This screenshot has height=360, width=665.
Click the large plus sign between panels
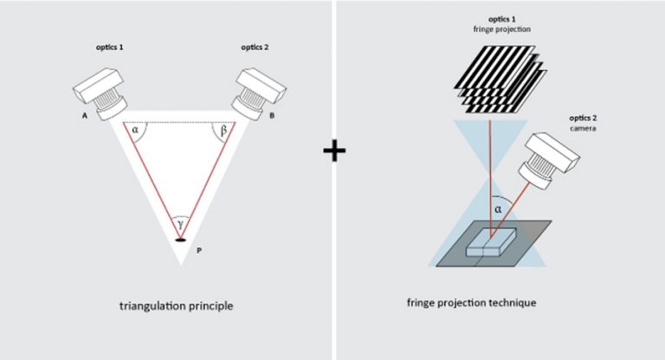(333, 151)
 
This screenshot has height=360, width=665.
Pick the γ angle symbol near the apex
(181, 223)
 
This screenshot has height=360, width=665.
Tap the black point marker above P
(181, 238)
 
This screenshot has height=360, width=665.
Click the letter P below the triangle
(201, 250)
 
